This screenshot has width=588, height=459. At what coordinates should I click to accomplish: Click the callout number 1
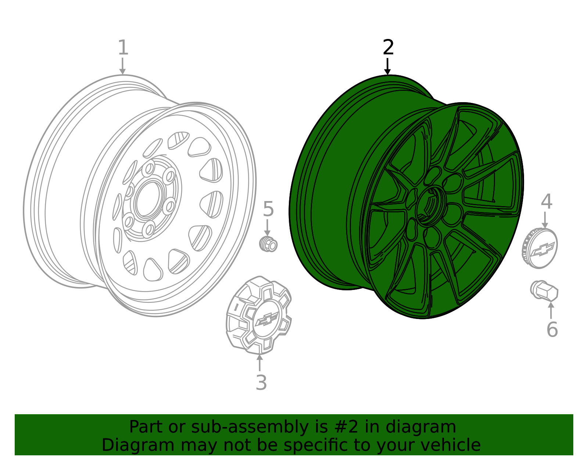[123, 48]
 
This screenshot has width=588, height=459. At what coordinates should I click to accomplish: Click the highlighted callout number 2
[388, 48]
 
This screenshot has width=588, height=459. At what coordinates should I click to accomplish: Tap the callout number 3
[261, 383]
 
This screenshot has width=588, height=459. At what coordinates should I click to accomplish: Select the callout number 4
[546, 202]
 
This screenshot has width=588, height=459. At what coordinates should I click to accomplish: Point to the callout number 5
[268, 209]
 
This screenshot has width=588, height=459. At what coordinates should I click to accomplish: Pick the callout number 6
[552, 329]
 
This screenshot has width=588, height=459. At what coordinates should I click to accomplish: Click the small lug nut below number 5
[268, 244]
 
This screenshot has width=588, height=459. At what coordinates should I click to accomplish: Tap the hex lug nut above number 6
[544, 291]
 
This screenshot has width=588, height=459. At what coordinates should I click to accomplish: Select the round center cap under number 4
[540, 248]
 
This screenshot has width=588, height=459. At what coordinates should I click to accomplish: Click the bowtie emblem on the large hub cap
[267, 319]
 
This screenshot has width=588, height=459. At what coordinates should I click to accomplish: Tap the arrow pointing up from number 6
[551, 310]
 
